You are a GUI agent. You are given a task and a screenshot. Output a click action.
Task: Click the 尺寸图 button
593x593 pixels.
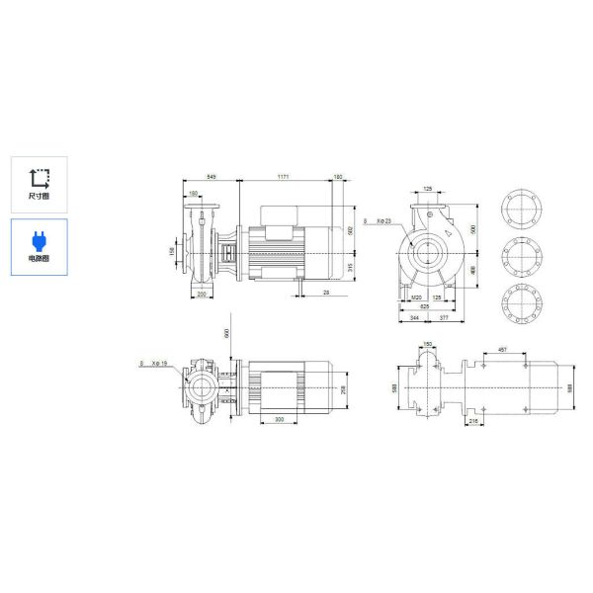click(x=40, y=184)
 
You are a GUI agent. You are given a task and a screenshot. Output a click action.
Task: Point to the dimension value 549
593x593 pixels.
click(x=211, y=177)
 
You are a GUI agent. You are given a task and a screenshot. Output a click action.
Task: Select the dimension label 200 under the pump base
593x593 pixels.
click(x=203, y=295)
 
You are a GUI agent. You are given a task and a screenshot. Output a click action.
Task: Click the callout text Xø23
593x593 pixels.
click(x=382, y=222)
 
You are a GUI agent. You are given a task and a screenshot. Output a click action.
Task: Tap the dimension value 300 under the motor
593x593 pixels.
click(x=280, y=419)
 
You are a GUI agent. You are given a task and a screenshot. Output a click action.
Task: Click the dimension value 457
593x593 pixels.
click(x=502, y=350)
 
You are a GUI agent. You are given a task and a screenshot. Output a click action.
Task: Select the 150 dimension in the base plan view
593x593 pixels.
click(x=427, y=344)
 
